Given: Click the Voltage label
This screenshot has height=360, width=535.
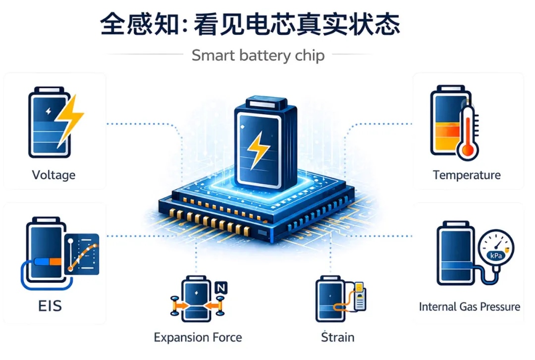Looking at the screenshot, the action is pyautogui.click(x=53, y=175).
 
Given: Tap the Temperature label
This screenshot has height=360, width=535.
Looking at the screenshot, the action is pyautogui.click(x=467, y=175).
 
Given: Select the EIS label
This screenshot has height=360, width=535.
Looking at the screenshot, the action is pyautogui.click(x=50, y=306).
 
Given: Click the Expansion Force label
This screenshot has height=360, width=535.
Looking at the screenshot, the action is pyautogui.click(x=198, y=337).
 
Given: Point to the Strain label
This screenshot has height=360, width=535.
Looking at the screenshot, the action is pyautogui.click(x=338, y=337).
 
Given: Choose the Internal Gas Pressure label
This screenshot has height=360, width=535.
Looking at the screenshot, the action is pyautogui.click(x=470, y=307).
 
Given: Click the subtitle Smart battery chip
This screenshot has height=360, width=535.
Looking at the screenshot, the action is pyautogui.click(x=258, y=55).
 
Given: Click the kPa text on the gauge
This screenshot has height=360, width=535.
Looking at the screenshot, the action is pyautogui.click(x=496, y=255).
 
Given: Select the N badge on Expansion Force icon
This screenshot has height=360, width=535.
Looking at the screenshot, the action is pyautogui.click(x=221, y=288).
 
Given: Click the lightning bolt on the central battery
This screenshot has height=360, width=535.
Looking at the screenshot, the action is pyautogui.click(x=258, y=151).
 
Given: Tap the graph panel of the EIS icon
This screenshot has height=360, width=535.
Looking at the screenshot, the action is pyautogui.click(x=82, y=254).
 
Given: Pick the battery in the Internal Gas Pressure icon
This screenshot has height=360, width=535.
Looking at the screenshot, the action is pyautogui.click(x=456, y=253).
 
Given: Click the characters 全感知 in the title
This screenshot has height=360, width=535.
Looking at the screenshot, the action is pyautogui.click(x=140, y=24).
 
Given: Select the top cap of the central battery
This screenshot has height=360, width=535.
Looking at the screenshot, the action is pyautogui.click(x=266, y=102).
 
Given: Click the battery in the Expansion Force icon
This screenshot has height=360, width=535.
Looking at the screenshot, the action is pyautogui.click(x=196, y=299).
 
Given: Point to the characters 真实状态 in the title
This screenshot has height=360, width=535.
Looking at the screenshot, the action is pyautogui.click(x=348, y=24).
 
